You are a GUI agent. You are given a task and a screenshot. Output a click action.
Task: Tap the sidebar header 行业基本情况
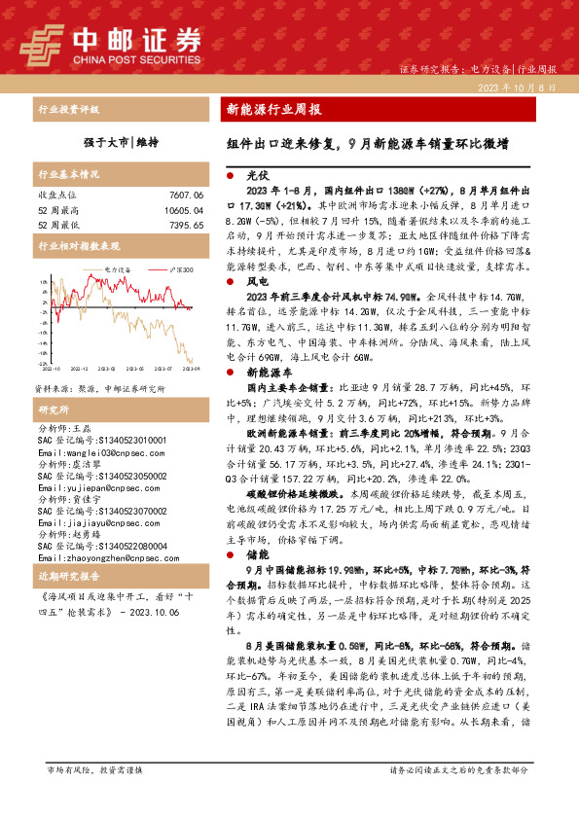coord(69,175)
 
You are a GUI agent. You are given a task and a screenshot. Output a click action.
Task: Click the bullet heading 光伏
coord(256,177)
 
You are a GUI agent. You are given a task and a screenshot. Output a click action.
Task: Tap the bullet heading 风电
coord(256,281)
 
